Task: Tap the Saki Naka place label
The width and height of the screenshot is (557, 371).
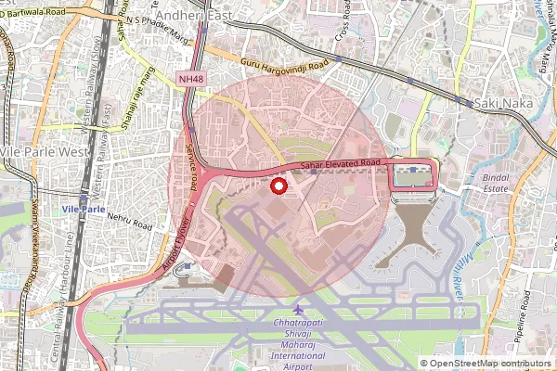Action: [x=502, y=103]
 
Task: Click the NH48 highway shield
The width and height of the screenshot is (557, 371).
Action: [x=192, y=81]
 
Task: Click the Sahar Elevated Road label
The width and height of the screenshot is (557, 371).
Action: [x=341, y=163]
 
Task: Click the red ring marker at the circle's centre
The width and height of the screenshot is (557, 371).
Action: [x=277, y=186]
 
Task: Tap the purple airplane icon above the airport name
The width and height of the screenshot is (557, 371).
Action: [x=297, y=308]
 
